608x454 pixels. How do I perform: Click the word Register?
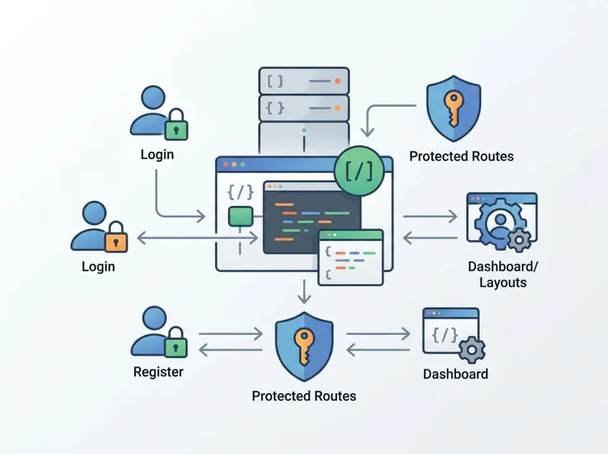tap(158, 372)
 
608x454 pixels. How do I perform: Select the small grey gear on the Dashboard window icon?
tap(471, 349)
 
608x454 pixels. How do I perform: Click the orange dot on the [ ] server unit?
tap(338, 81)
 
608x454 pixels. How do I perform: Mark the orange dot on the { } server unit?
tap(338, 108)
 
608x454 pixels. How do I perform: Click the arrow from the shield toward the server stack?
tap(380, 114)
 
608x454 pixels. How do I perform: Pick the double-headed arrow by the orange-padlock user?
tap(196, 237)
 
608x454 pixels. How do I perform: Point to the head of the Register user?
tap(154, 318)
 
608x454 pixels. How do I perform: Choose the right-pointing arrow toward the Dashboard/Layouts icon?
tap(430, 217)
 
